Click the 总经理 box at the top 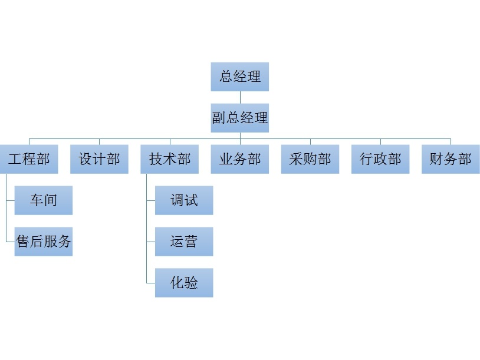click(239, 77)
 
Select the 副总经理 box click(239, 118)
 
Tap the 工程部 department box click(29, 159)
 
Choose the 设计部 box click(99, 159)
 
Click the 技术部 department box click(170, 159)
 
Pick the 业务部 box click(239, 159)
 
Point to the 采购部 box click(310, 159)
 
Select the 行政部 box click(380, 159)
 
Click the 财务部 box click(451, 159)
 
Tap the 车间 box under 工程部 click(44, 200)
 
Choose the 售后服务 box click(44, 242)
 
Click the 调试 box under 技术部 click(184, 200)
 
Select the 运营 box click(184, 242)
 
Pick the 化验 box click(184, 283)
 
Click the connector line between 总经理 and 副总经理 click(240, 97)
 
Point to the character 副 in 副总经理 click(219, 118)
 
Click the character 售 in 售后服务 click(22, 242)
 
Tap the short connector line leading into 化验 click(150, 283)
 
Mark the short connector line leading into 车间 click(10, 201)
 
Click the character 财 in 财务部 click(436, 159)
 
